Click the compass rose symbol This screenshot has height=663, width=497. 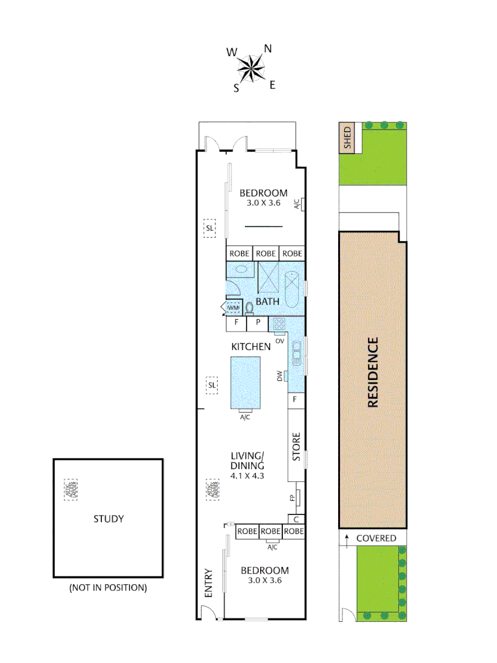tap(252, 68)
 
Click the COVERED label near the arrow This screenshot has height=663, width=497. tap(376, 538)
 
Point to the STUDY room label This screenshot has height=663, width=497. tap(109, 519)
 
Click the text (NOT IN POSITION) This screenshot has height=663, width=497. tap(108, 587)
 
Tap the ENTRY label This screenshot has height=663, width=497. tap(208, 583)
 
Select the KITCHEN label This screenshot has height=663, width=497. tap(250, 347)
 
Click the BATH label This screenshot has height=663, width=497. tap(268, 301)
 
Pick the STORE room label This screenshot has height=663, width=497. tap(296, 448)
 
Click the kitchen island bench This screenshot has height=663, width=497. tap(245, 382)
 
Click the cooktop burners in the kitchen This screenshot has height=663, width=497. tap(279, 324)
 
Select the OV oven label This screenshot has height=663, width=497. tap(279, 339)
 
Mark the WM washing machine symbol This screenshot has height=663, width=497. tap(233, 308)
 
